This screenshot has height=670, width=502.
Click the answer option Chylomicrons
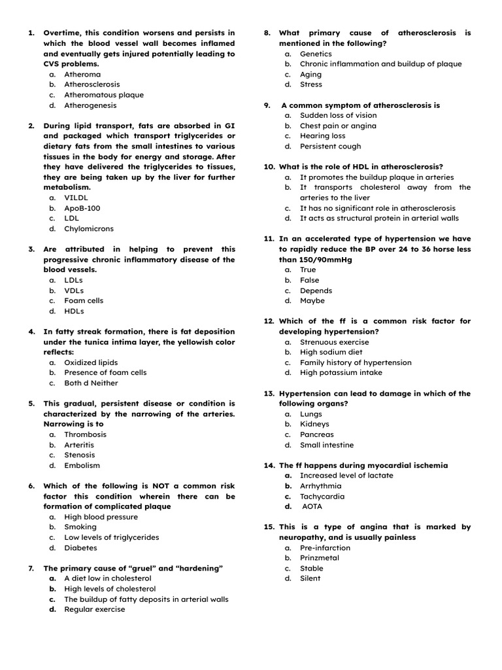pyautogui.click(x=88, y=229)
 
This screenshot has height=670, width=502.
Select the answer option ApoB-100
pyautogui.click(x=82, y=208)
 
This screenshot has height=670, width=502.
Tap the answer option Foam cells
pyautogui.click(x=84, y=301)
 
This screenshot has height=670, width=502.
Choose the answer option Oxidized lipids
pyautogui.click(x=91, y=362)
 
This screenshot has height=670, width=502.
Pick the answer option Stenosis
pyautogui.click(x=79, y=455)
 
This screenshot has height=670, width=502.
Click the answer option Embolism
pyautogui.click(x=82, y=465)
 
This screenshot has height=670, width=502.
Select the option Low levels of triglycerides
pyautogui.click(x=111, y=537)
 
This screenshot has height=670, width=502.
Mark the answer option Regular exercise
pyautogui.click(x=94, y=609)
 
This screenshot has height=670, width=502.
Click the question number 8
pyautogui.click(x=267, y=33)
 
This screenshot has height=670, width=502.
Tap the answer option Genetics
pyautogui.click(x=316, y=54)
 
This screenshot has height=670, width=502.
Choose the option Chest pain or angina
pyautogui.click(x=338, y=126)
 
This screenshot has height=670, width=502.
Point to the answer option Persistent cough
pyautogui.click(x=330, y=147)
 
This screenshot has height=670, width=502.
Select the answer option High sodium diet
pyautogui.click(x=331, y=352)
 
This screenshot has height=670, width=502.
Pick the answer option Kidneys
pyautogui.click(x=314, y=424)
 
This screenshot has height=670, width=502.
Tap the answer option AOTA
pyautogui.click(x=312, y=506)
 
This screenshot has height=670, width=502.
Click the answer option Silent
pyautogui.click(x=310, y=578)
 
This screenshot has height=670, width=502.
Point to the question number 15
pyautogui.click(x=269, y=527)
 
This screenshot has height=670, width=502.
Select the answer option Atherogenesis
pyautogui.click(x=90, y=105)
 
